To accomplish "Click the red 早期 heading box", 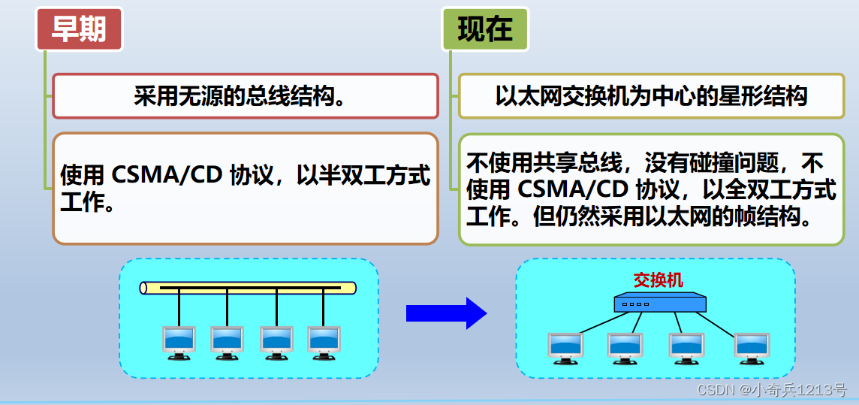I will point(78,29).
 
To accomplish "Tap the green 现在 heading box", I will point(484,29).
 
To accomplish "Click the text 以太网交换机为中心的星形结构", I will point(651,96).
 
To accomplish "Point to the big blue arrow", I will point(446,313).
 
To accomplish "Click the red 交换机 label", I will point(659,280).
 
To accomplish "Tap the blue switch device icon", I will point(660,303).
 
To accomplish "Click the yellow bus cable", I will point(248,288).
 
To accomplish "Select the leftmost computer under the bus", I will point(179,342).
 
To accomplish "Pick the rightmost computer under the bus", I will point(324,342).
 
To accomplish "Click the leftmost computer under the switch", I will point(565,348).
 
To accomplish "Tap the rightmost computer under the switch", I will point(752,348).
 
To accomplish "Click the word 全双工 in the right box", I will point(752,189).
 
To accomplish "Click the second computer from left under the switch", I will point(625,348).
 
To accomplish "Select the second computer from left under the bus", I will point(228,342).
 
